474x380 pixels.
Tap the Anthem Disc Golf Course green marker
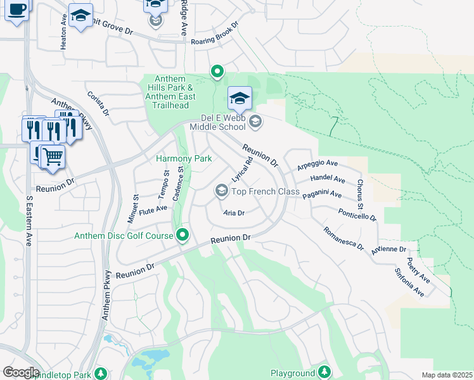pyautogui.click(x=183, y=236)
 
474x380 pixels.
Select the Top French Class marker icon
pyautogui.click(x=222, y=190)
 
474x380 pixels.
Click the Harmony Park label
pyautogui.click(x=184, y=158)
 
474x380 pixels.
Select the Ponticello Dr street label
pyautogui.click(x=357, y=215)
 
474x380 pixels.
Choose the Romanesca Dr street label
pyautogui.click(x=343, y=239)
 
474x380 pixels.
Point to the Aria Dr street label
pyautogui.click(x=234, y=213)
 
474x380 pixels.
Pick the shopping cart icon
pyautogui.click(x=53, y=156)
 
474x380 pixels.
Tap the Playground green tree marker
pyautogui.click(x=324, y=371)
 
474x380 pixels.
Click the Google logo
pyautogui.click(x=21, y=372)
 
